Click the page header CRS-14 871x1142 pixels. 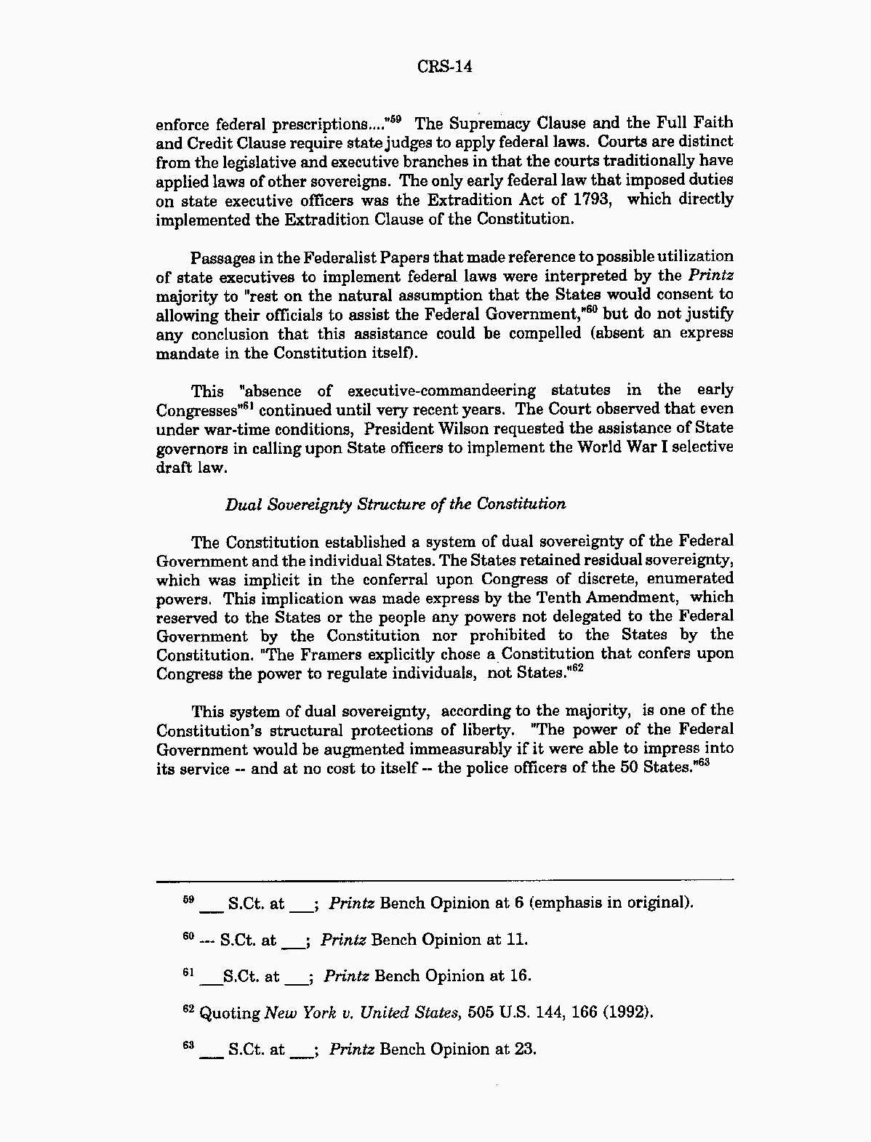(x=445, y=67)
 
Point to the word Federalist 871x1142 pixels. (x=340, y=257)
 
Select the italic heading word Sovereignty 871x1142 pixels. (x=309, y=505)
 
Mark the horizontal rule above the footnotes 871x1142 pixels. (x=445, y=880)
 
